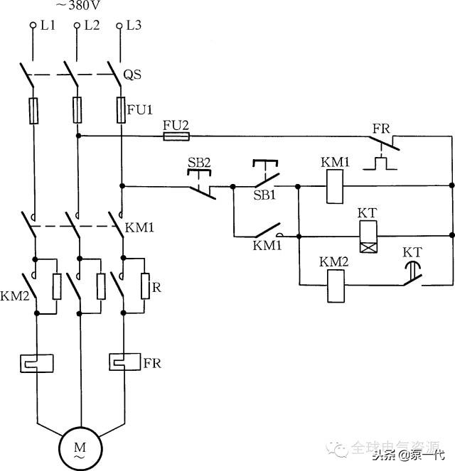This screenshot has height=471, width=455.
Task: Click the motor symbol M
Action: tap(80, 448)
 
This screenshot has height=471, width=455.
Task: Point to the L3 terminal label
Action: tap(134, 26)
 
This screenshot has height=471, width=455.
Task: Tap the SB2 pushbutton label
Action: tap(200, 163)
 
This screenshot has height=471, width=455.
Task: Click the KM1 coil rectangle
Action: tap(334, 187)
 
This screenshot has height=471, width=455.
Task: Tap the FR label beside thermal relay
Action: tap(152, 363)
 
